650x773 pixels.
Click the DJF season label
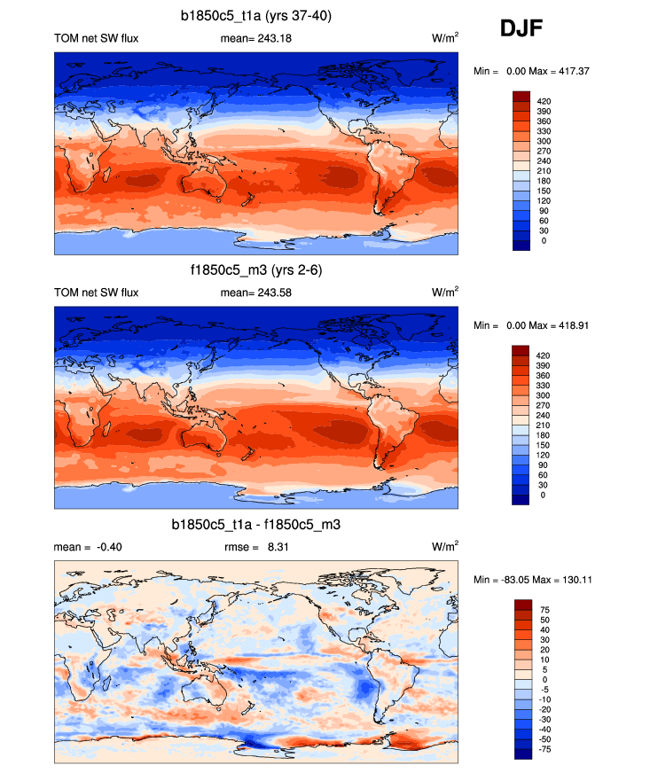coord(521,29)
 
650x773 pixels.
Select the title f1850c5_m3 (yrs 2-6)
coord(256,271)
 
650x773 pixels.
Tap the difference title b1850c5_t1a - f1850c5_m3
coord(256,526)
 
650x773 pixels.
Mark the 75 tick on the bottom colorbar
coord(542,610)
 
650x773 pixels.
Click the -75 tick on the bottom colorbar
coord(544,749)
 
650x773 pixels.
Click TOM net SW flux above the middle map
coord(97,293)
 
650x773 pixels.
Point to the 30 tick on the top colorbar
coord(543,230)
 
